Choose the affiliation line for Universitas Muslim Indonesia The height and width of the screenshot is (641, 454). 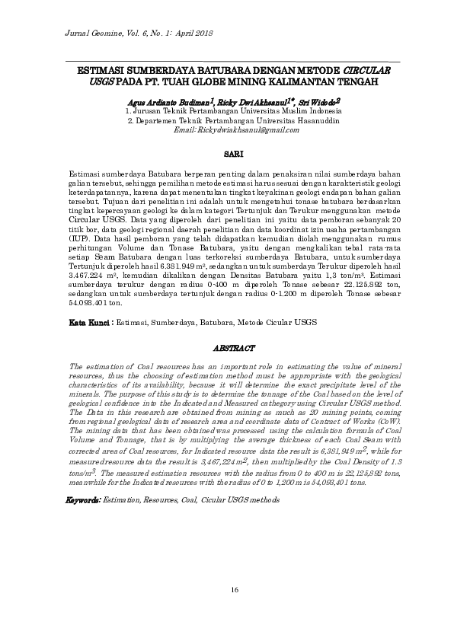[x=233, y=110]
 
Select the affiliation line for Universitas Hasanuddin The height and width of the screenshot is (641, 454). [x=233, y=120]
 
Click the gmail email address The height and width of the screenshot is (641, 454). [x=232, y=130]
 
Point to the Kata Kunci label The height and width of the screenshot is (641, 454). [x=90, y=323]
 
